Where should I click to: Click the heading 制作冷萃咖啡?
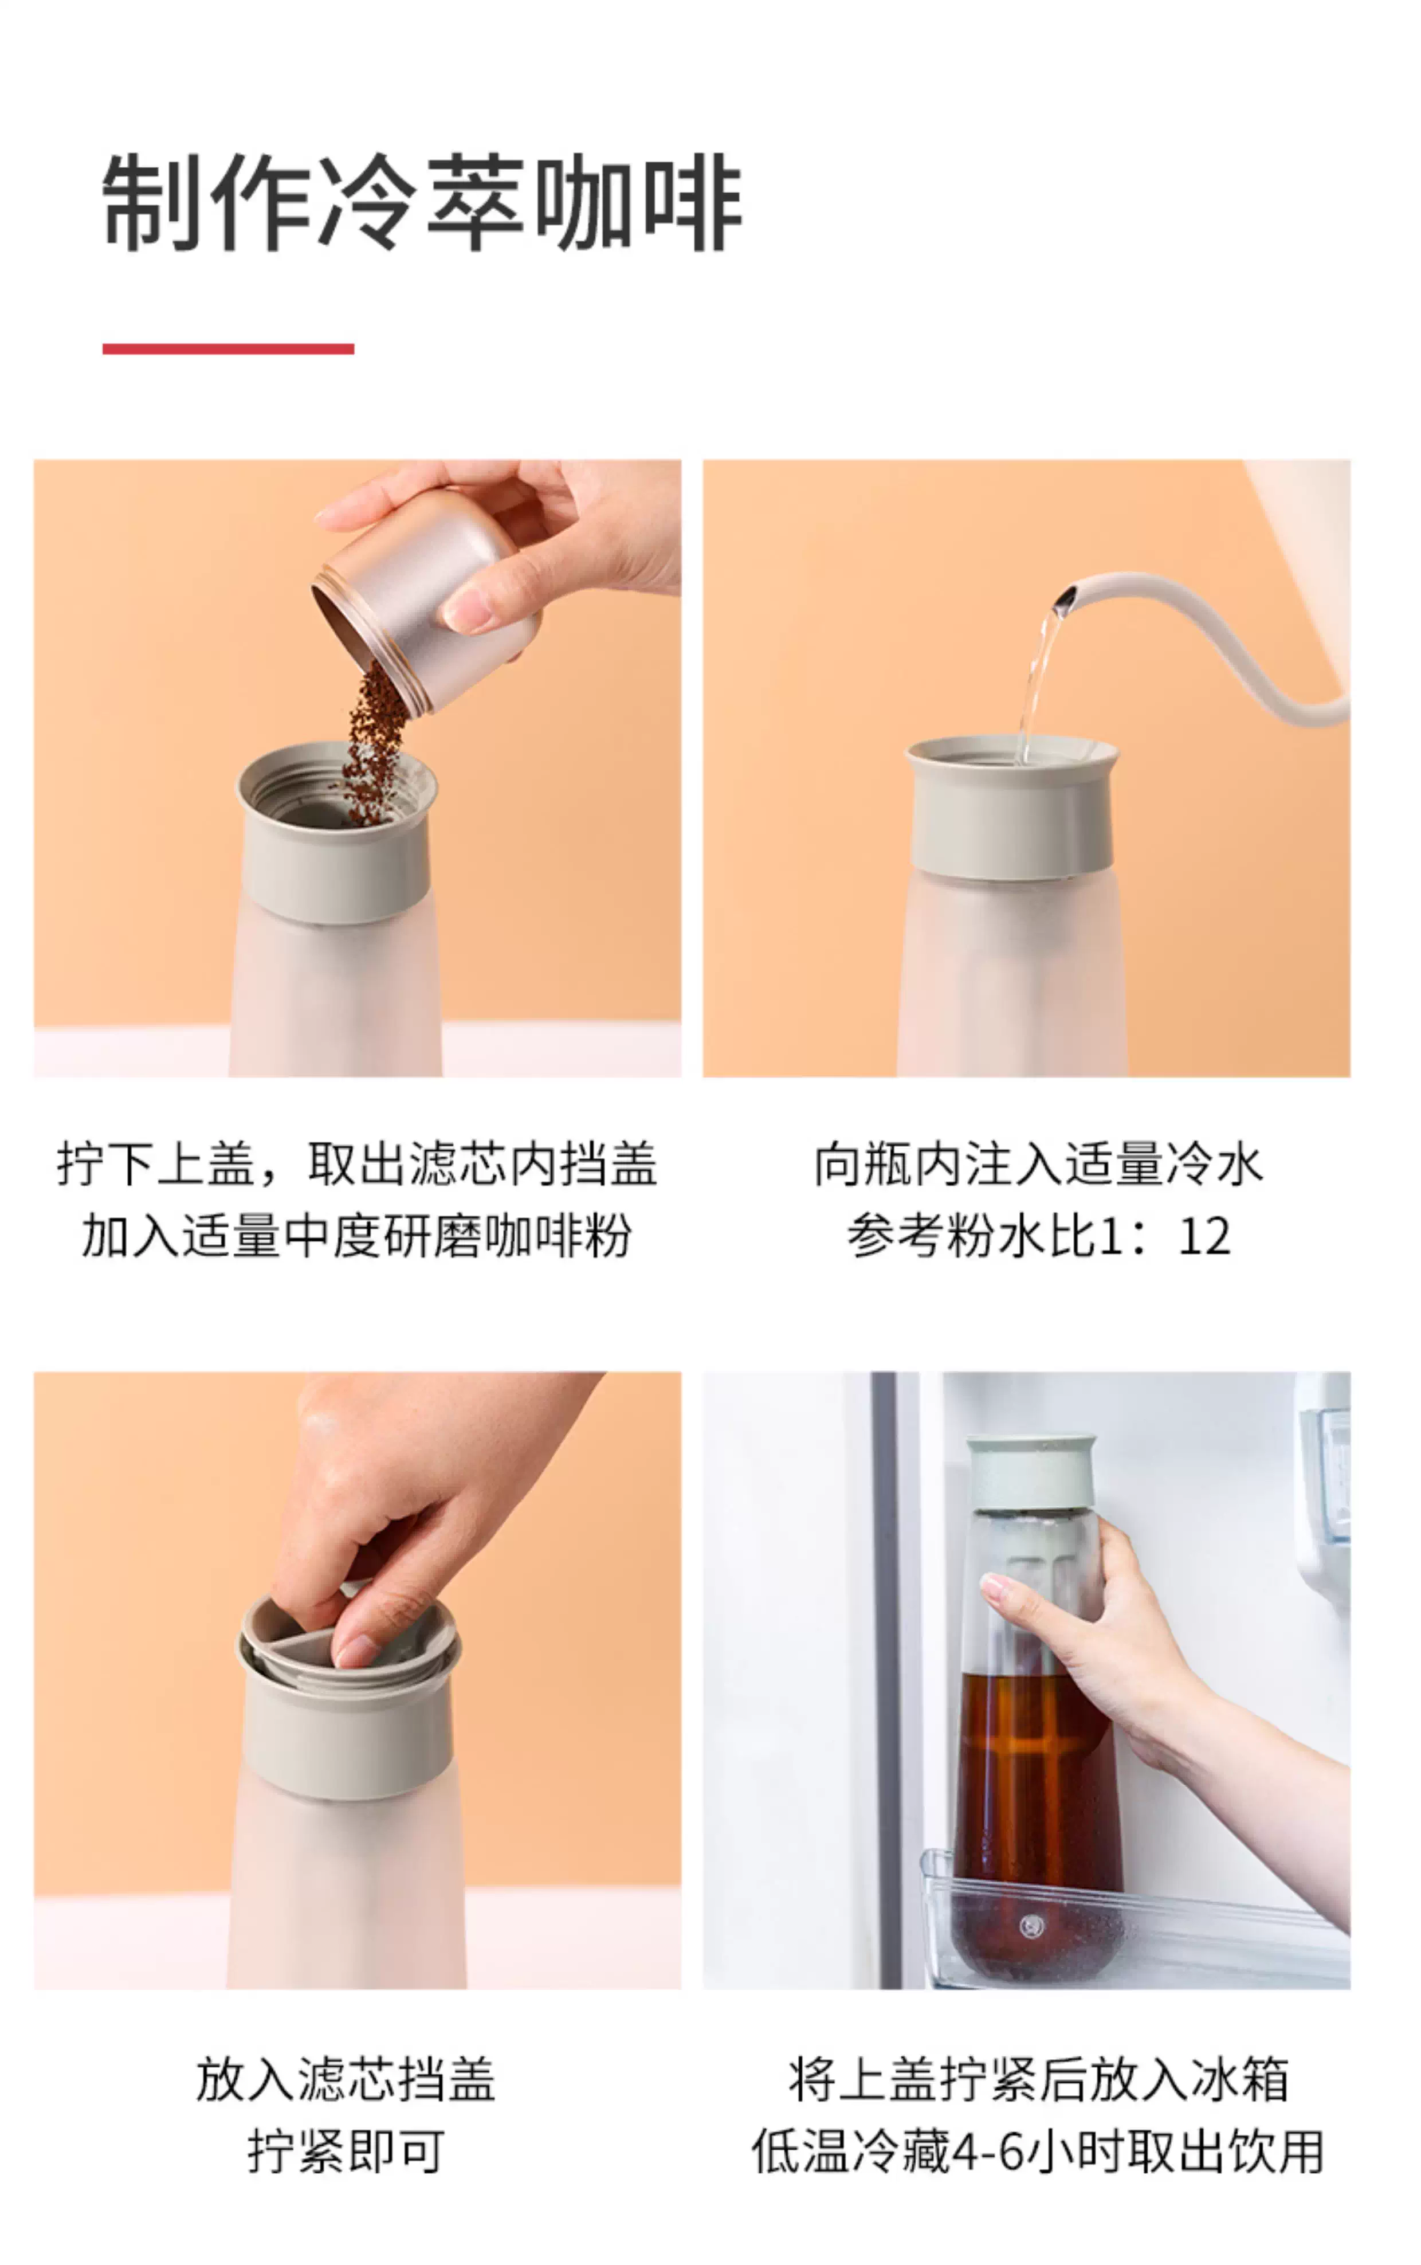(x=422, y=204)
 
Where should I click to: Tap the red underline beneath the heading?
(x=229, y=348)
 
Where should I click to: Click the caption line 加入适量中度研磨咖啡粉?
(x=356, y=1236)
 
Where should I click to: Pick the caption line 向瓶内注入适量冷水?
(x=1038, y=1165)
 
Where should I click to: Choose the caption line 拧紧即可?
(x=345, y=2152)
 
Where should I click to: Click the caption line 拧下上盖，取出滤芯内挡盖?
(x=356, y=1165)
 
